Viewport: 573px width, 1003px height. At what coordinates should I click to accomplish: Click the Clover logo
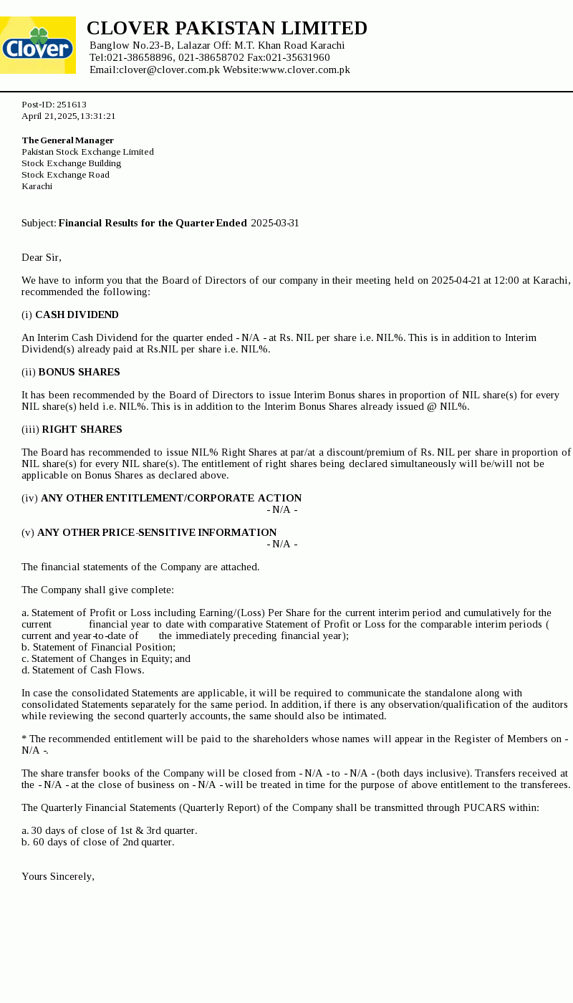point(38,45)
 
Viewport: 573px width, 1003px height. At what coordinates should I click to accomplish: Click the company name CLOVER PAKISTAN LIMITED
point(226,29)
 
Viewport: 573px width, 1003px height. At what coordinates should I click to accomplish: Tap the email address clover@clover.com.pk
point(169,69)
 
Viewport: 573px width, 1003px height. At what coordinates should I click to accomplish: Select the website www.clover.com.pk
point(305,69)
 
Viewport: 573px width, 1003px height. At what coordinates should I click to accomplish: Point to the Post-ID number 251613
point(72,105)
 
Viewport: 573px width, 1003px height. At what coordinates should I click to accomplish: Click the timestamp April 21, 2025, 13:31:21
point(68,116)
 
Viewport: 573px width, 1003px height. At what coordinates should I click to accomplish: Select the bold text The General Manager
point(67,140)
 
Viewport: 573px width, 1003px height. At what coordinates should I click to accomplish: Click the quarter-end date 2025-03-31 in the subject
point(275,223)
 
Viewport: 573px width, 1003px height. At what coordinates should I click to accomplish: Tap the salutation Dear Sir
point(42,257)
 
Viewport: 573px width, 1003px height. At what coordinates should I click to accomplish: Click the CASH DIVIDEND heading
point(77,315)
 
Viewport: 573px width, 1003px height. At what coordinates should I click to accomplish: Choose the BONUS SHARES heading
point(79,372)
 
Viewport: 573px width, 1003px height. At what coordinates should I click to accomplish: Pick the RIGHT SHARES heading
point(82,429)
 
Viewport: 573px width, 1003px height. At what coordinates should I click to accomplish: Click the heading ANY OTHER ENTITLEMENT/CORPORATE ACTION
point(171,498)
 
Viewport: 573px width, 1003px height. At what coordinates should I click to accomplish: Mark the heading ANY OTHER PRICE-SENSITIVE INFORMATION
point(157,532)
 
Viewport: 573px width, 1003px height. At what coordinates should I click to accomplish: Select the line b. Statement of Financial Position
point(98,647)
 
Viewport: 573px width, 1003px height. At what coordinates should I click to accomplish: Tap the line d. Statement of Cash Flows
point(82,670)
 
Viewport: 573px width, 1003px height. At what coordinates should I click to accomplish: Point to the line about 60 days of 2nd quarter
point(97,842)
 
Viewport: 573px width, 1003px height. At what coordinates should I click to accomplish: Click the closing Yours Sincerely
point(58,876)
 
